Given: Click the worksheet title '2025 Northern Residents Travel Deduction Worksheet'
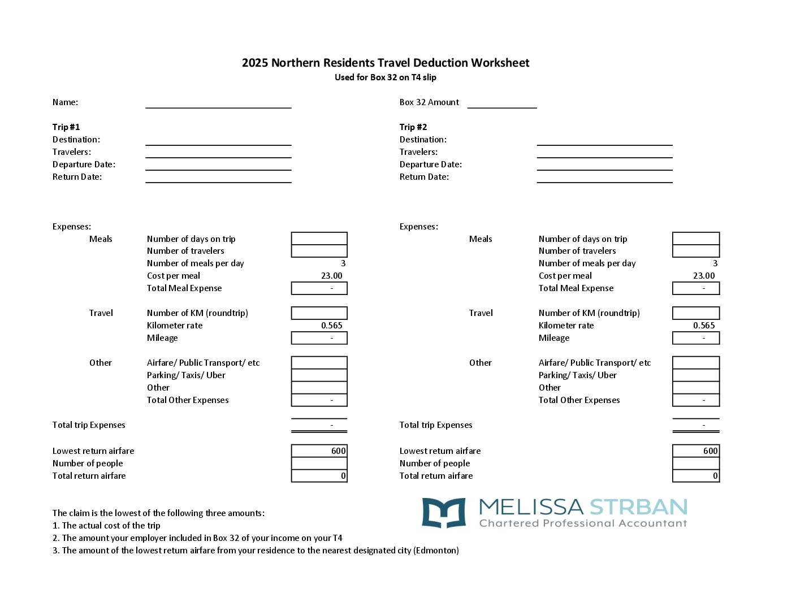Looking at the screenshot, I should coord(386,63).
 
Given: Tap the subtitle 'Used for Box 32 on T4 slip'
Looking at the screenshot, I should coord(386,77).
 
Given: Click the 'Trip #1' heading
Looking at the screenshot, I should coord(66,127).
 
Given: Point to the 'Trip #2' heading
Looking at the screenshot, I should coord(413,127).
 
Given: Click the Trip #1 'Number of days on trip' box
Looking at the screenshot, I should coord(319,239).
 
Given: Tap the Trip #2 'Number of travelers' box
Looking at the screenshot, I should coord(696,251).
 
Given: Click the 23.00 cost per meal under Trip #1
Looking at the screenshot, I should coord(332,276).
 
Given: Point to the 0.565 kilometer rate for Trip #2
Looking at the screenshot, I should coord(704,326).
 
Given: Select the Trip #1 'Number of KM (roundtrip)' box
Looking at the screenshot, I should coord(319,313).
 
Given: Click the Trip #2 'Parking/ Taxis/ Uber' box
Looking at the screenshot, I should coord(696,375).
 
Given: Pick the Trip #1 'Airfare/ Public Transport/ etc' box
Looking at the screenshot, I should coord(319,363).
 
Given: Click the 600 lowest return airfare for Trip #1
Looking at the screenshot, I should coord(338,451).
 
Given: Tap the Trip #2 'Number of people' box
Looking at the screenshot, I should coord(696,464).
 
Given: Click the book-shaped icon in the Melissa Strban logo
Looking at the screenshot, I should coord(444,513).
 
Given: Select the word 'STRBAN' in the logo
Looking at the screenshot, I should coord(638,506).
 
